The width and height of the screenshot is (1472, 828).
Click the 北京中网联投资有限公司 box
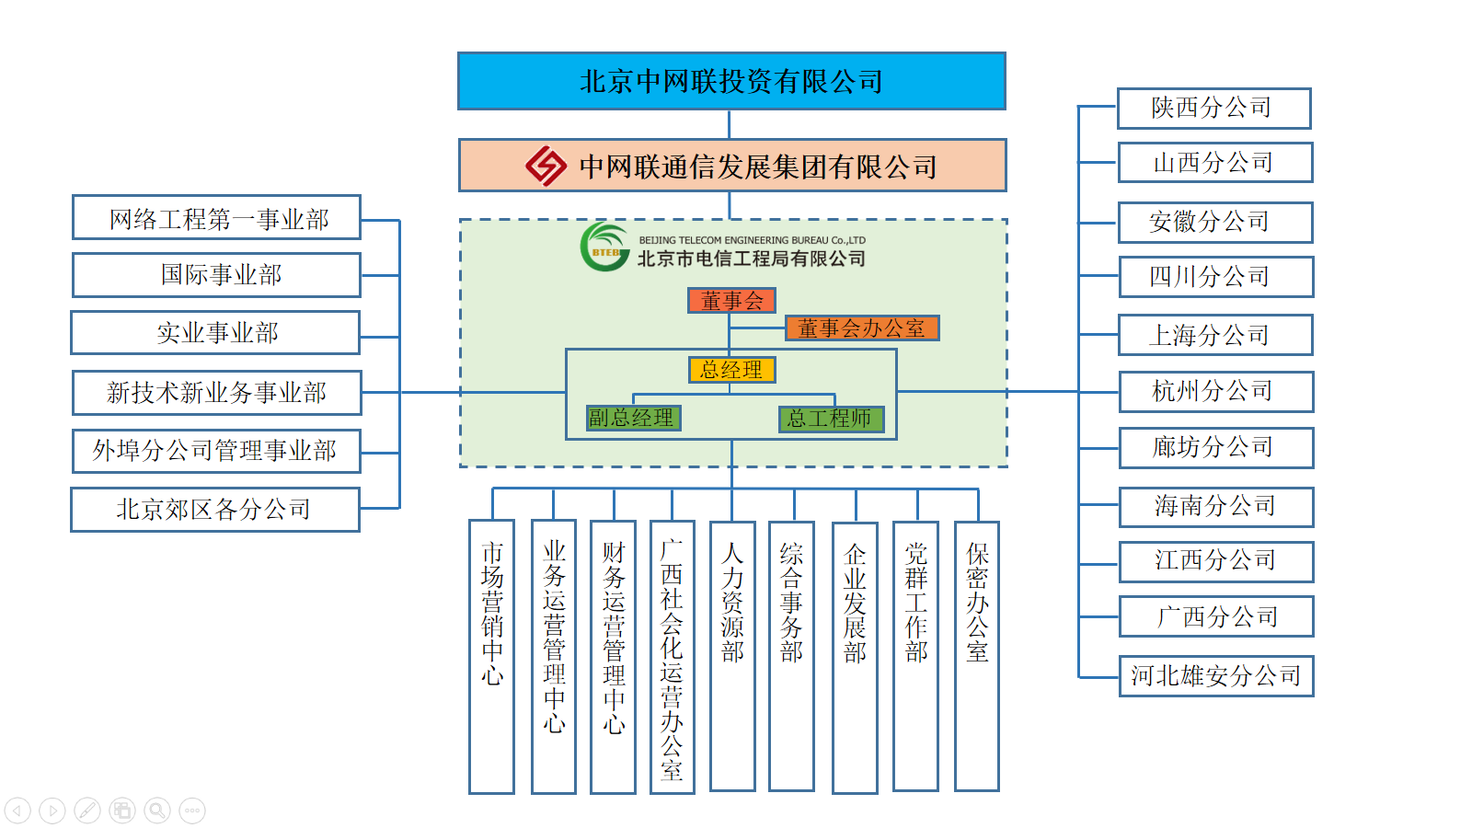(731, 81)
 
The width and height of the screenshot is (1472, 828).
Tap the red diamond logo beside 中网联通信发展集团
(546, 166)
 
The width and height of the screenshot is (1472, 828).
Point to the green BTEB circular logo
(604, 247)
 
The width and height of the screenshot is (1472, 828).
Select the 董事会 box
(731, 301)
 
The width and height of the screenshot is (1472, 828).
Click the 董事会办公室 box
(861, 328)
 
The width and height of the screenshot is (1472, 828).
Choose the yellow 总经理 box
(731, 370)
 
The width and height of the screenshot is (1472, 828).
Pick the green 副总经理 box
(633, 419)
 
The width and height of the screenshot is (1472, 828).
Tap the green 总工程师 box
(831, 419)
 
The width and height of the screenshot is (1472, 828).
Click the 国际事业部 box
(216, 275)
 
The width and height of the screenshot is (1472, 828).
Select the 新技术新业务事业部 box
(216, 393)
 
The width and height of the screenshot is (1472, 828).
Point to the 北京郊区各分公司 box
(214, 510)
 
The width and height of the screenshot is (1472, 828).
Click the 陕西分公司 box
(1213, 109)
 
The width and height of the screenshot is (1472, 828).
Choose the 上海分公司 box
(1214, 335)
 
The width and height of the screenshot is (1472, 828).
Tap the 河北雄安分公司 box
(1215, 676)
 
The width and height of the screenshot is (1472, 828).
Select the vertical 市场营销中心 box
(491, 656)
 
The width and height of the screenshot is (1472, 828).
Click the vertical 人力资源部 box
(732, 656)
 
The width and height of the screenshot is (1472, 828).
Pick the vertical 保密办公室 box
(976, 656)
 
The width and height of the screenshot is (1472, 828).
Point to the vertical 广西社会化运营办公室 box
(672, 656)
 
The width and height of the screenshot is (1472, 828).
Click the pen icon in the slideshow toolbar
(87, 811)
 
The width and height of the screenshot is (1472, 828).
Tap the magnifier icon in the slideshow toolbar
(157, 811)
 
